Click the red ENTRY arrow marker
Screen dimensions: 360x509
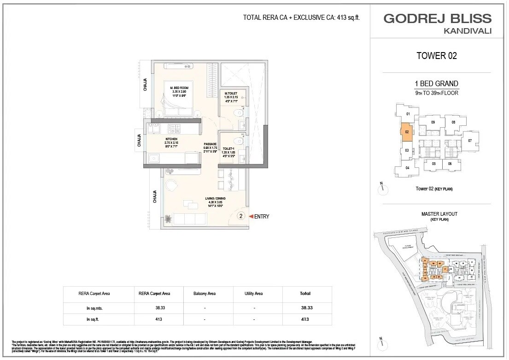point(251,216)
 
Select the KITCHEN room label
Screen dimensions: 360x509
point(171,139)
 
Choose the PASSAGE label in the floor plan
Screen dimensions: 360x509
point(210,144)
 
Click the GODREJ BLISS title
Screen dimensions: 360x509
point(437,18)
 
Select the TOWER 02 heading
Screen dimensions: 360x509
point(436,56)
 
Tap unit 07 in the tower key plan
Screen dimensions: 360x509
point(470,140)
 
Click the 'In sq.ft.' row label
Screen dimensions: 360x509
point(95,319)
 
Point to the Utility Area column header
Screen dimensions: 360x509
point(253,293)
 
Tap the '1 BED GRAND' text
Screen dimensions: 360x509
point(436,83)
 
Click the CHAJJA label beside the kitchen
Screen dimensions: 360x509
point(139,140)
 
